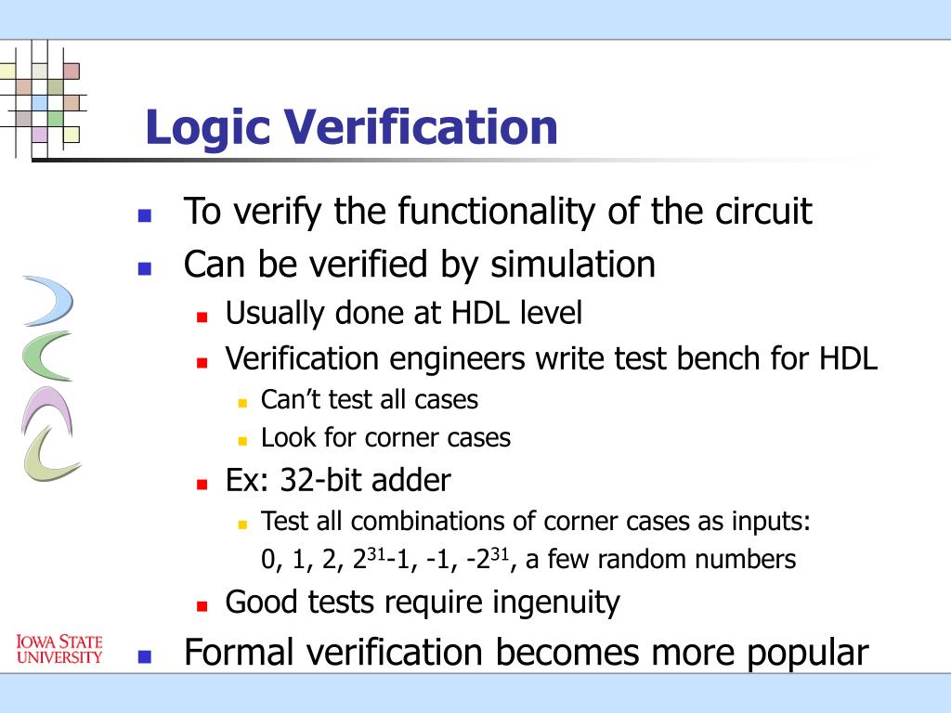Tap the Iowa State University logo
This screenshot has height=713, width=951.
pyautogui.click(x=59, y=649)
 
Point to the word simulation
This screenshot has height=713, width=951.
pyautogui.click(x=573, y=265)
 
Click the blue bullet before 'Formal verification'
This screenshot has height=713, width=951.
pyautogui.click(x=144, y=656)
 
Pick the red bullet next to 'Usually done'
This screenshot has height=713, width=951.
pyautogui.click(x=202, y=316)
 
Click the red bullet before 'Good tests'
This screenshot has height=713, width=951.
pyautogui.click(x=202, y=605)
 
